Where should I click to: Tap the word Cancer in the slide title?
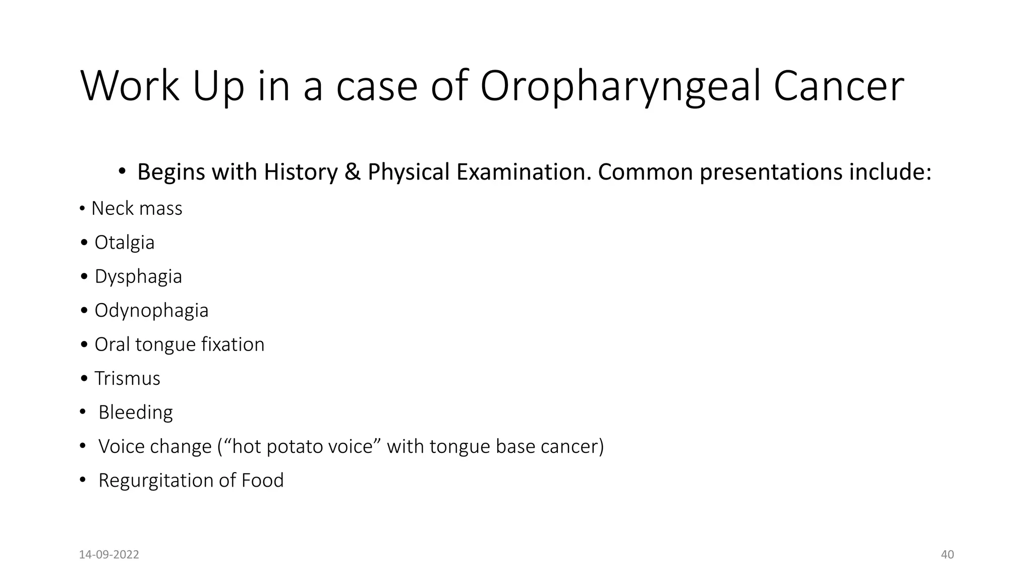tap(838, 87)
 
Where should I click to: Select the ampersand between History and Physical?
tap(353, 172)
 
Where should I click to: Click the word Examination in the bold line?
tap(524, 172)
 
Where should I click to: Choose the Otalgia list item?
tap(125, 243)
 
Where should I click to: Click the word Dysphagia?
tap(138, 276)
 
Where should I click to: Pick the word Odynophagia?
tap(151, 311)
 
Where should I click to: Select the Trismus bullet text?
tap(127, 378)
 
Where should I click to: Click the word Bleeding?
tap(135, 413)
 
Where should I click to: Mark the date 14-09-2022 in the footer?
tap(109, 555)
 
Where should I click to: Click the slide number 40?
tap(947, 555)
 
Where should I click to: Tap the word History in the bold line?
tap(301, 172)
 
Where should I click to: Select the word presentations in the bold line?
tap(771, 172)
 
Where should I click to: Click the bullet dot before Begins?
tap(122, 172)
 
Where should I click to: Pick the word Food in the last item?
tap(262, 480)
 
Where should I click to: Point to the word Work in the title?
tap(130, 87)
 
